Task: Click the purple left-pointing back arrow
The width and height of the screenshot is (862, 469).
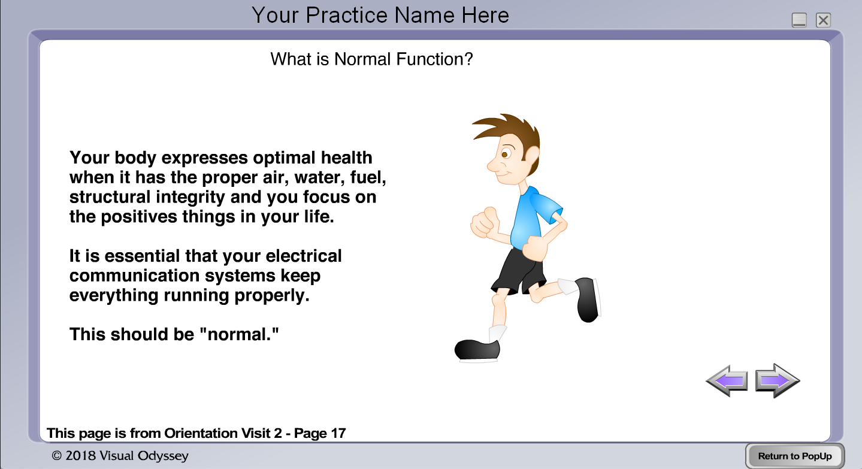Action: (727, 381)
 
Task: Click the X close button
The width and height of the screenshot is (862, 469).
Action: (823, 20)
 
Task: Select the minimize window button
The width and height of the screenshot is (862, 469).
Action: (799, 20)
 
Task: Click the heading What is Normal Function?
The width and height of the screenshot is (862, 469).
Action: (371, 59)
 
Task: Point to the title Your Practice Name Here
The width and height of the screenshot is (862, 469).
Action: (380, 16)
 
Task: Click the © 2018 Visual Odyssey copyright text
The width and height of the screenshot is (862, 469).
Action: (120, 456)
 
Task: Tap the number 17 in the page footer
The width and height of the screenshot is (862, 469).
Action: (338, 433)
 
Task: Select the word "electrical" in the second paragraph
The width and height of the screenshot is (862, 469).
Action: (304, 256)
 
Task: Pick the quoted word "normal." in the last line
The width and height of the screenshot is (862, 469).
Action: (239, 334)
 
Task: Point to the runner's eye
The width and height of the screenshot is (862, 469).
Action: (506, 155)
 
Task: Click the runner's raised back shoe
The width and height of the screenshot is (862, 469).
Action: (588, 299)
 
